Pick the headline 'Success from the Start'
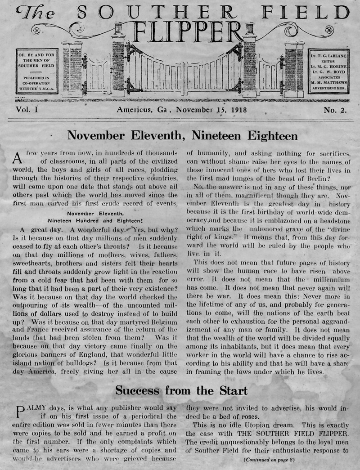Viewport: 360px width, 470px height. pyautogui.click(x=181, y=390)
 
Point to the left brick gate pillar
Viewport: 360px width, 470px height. pyautogui.click(x=72, y=68)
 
